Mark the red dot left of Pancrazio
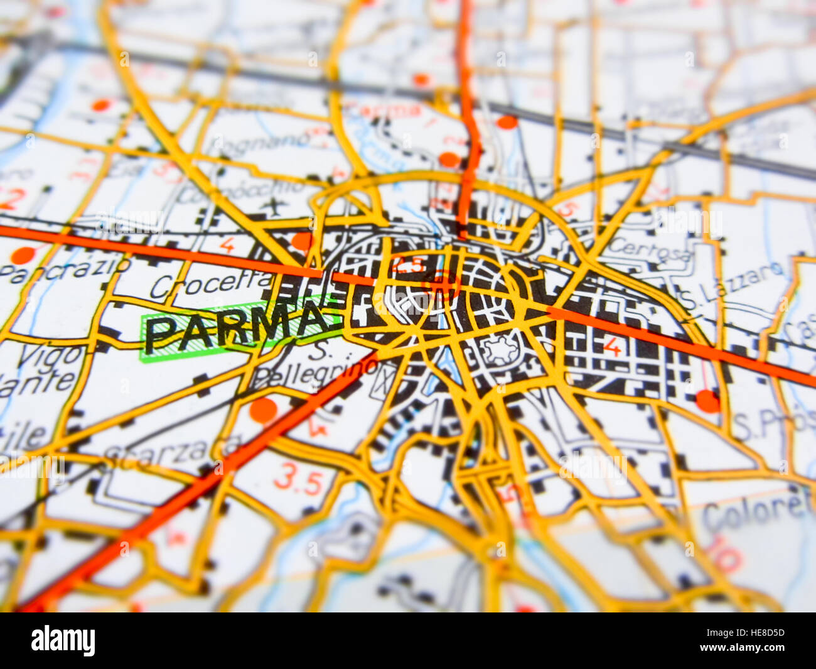click(23, 256)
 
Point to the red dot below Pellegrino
click(263, 410)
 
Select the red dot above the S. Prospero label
click(708, 401)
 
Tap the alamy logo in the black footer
click(63, 640)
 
